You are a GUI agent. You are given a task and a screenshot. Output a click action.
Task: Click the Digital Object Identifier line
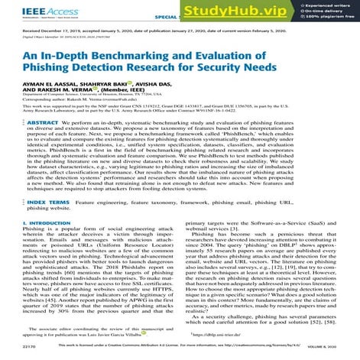(x=73, y=41)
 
